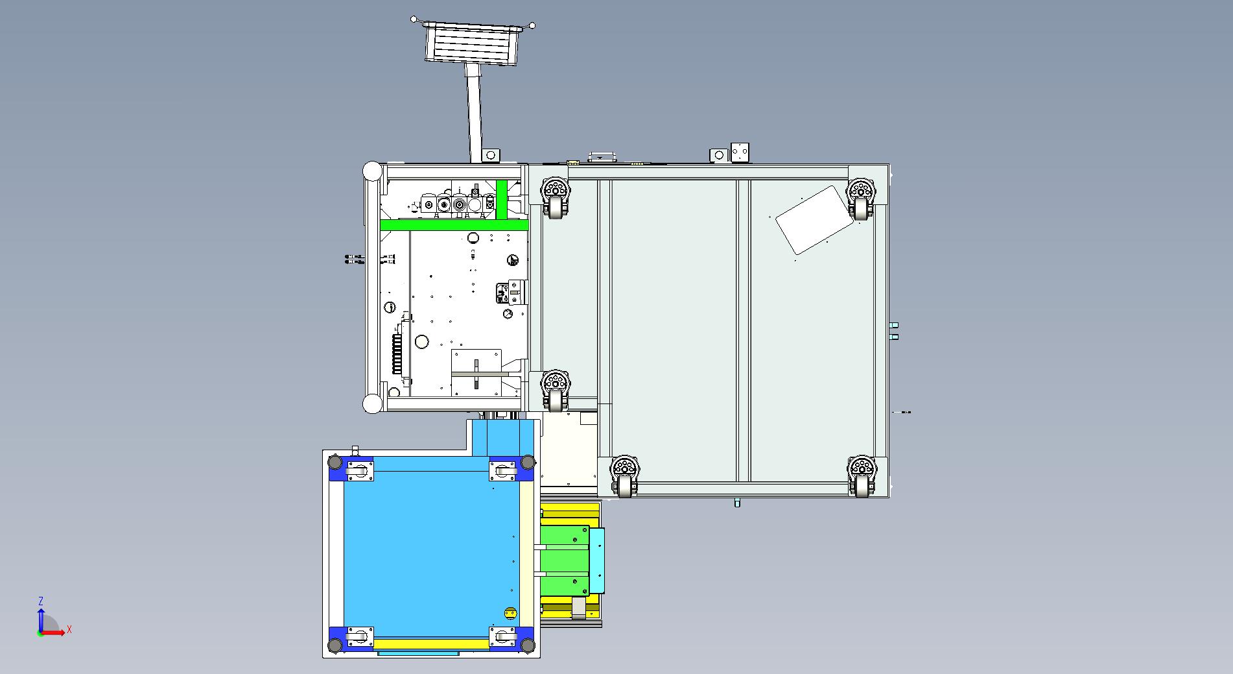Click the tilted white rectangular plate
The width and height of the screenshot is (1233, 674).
pos(814,220)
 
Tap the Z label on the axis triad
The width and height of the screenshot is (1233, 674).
pos(41,601)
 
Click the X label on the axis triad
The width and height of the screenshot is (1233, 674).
pos(69,629)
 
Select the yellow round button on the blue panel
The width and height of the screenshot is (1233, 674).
pos(511,612)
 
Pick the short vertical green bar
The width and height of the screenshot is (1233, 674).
pos(501,200)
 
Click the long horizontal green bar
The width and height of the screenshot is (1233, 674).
pos(454,225)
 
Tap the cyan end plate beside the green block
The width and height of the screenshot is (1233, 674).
pos(596,560)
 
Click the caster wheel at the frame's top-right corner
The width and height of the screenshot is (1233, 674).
pos(860,199)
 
